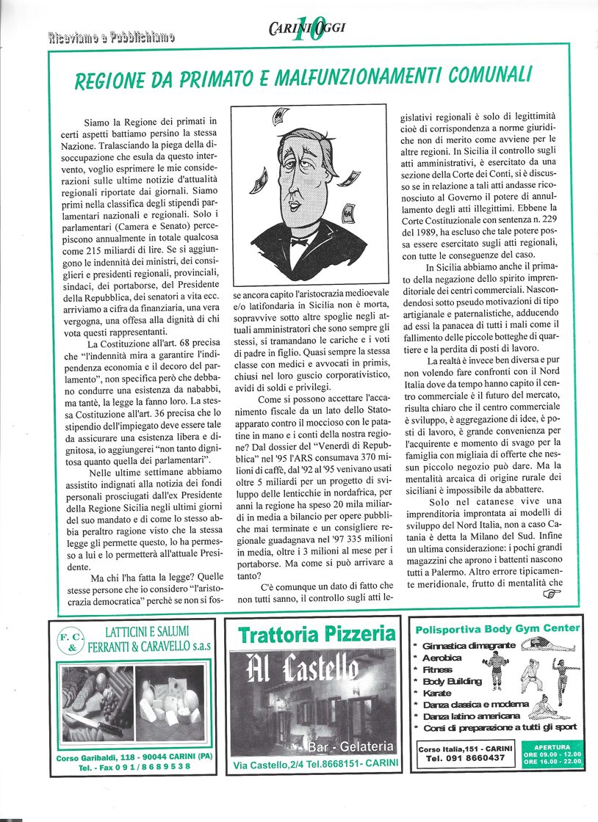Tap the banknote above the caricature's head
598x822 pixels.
point(280,117)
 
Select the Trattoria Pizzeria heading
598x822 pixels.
point(317,633)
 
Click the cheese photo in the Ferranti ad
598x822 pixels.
point(170,702)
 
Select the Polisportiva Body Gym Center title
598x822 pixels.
point(497,629)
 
